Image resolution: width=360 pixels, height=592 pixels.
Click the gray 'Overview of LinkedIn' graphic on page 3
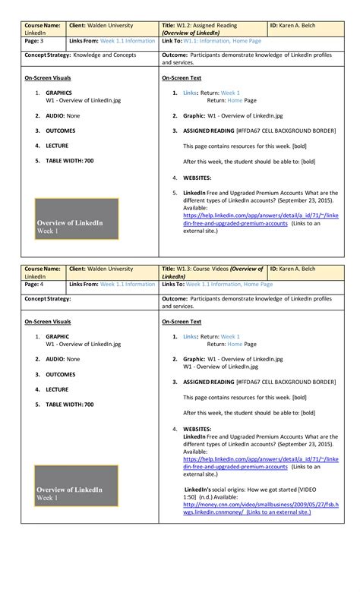77,219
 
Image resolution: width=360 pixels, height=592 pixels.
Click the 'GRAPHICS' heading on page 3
59,93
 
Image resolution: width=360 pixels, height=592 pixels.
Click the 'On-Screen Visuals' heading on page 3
47,78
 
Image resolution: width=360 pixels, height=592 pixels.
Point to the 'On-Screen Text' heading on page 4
182,322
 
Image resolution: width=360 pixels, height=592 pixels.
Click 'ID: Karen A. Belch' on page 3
308,26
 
